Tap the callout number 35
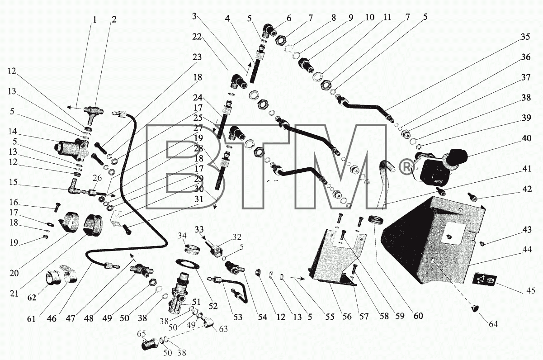click(525, 37)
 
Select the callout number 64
click(492, 324)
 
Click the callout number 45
click(530, 290)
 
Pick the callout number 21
click(14, 294)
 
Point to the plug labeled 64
click(474, 308)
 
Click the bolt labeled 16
click(57, 207)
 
